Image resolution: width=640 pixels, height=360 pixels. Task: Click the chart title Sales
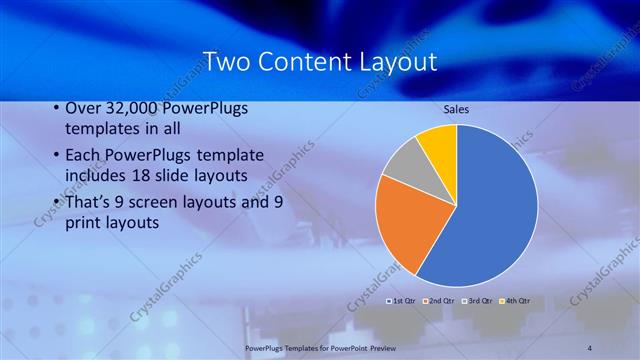click(456, 109)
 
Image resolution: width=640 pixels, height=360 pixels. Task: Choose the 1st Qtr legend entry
click(401, 300)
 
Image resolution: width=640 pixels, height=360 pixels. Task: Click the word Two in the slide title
click(225, 62)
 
